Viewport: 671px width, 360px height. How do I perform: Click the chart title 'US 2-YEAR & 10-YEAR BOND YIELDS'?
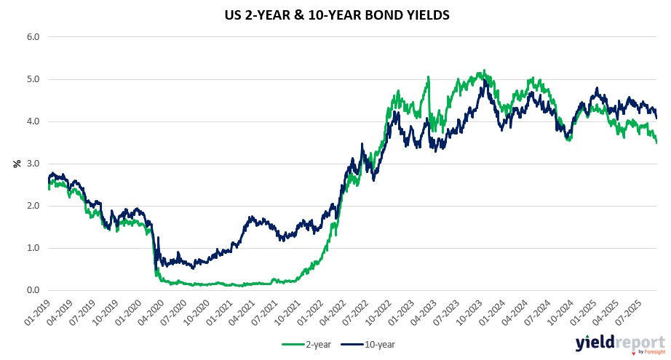coord(335,14)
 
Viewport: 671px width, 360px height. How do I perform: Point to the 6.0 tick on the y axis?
coord(33,36)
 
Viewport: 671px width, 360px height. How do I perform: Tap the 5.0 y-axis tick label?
coord(33,79)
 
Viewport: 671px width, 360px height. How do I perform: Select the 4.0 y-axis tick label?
coord(33,121)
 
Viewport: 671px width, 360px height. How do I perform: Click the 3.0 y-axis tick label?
coord(33,164)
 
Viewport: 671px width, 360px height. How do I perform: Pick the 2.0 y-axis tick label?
coord(33,206)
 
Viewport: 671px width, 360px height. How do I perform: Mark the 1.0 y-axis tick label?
coord(33,249)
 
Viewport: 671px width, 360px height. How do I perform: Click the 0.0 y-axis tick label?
coord(33,291)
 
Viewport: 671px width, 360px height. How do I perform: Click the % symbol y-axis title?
coord(16,164)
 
